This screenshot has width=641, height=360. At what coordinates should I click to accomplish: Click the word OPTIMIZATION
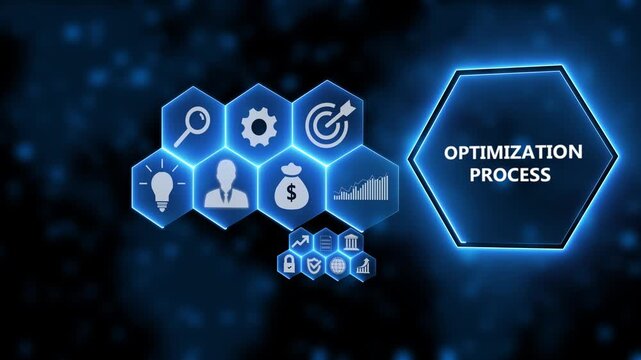pyautogui.click(x=513, y=152)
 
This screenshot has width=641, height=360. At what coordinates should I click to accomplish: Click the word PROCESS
pyautogui.click(x=513, y=174)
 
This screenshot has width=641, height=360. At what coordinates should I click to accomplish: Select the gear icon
pyautogui.click(x=259, y=126)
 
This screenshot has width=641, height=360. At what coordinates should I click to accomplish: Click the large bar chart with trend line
pyautogui.click(x=362, y=187)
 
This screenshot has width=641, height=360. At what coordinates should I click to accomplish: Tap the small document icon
pyautogui.click(x=326, y=243)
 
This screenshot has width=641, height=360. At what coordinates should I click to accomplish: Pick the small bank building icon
pyautogui.click(x=352, y=243)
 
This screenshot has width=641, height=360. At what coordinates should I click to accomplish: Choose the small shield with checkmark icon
pyautogui.click(x=314, y=265)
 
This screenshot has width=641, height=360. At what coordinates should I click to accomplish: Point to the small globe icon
pyautogui.click(x=339, y=265)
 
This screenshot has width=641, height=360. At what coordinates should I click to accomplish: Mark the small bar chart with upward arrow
pyautogui.click(x=364, y=265)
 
